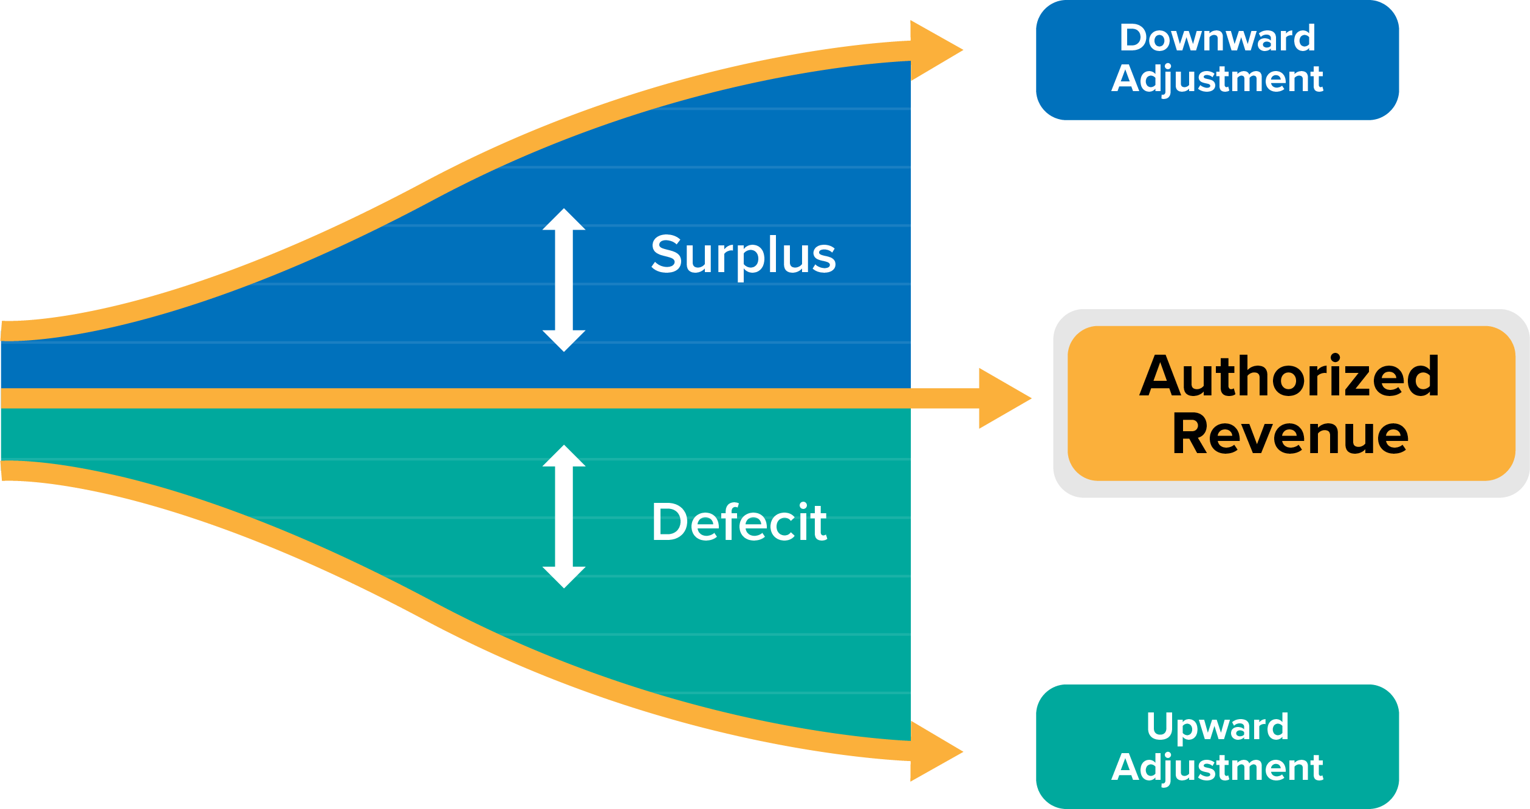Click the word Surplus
coord(743,255)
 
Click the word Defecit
coord(739,522)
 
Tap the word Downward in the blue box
coord(1217,38)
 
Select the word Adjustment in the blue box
coord(1217,79)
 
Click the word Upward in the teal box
coord(1217,726)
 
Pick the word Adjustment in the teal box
coord(1217,768)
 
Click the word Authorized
coord(1289,377)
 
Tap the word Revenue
coord(1290,434)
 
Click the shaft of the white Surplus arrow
coord(564,280)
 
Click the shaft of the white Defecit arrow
coord(564,516)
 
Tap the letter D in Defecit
coord(669,522)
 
